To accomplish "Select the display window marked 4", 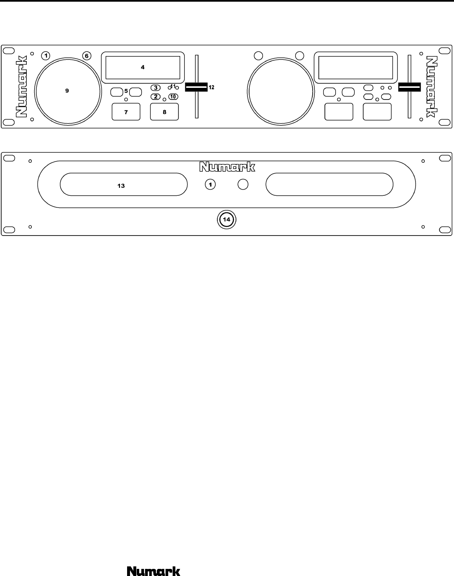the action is [143, 67].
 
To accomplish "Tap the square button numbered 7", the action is [126, 112].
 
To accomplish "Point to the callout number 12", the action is [212, 87].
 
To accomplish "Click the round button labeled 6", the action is [87, 56].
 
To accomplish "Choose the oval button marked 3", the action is [156, 88].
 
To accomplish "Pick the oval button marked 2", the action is [156, 97].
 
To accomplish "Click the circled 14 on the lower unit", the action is [226, 219].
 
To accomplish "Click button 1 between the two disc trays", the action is [210, 184].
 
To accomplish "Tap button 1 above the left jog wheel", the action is [46, 56].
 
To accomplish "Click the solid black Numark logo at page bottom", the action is [154, 571].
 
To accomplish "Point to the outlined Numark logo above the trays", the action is [227, 167].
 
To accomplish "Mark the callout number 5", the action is [126, 91].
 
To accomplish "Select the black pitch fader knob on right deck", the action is [410, 87].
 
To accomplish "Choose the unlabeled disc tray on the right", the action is [329, 185].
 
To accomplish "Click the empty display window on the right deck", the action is [355, 67].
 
